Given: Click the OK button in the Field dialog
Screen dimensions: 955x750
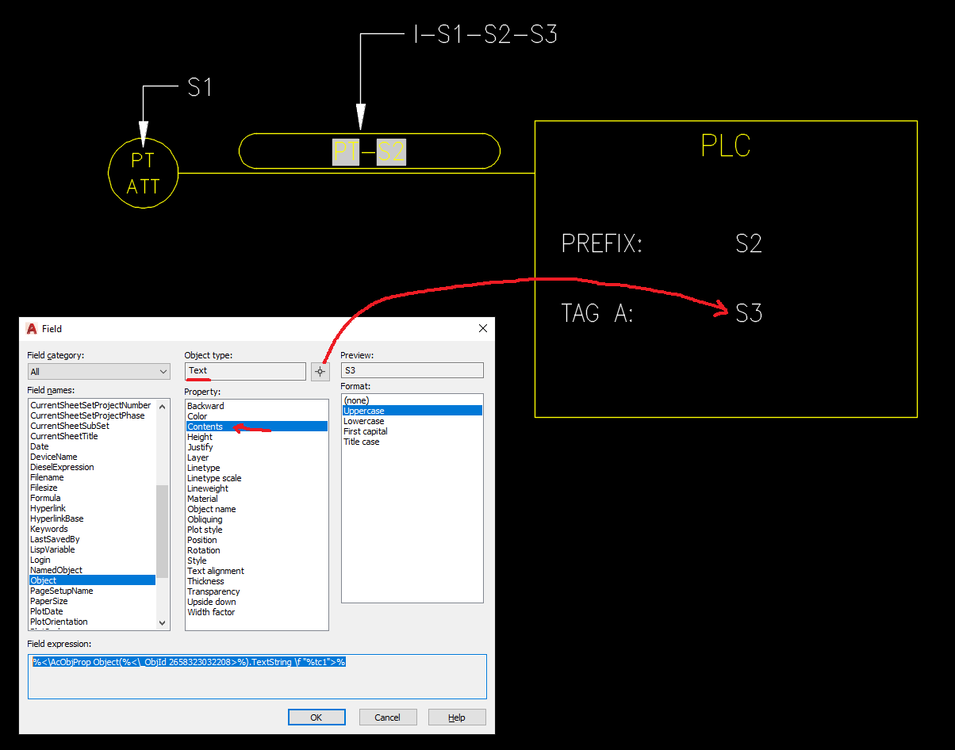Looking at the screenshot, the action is pos(316,717).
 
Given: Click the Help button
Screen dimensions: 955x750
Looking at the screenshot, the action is pos(457,717).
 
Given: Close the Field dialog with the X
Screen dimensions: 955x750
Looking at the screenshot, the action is pos(482,328).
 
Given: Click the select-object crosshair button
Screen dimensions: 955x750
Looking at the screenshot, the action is pos(320,372).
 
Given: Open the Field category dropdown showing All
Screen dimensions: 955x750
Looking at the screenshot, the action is pos(98,372).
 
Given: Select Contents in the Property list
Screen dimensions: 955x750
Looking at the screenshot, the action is pos(205,427).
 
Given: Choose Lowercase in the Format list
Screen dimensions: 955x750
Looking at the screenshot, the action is pos(363,421).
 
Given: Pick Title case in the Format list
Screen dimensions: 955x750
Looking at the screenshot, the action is pos(361,442).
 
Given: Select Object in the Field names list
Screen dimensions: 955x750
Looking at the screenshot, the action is pos(43,580).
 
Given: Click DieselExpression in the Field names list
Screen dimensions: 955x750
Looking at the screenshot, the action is pos(62,467).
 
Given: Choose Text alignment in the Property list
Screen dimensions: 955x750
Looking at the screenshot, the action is pos(215,571).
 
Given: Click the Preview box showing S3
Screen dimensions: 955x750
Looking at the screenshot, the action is pos(412,370).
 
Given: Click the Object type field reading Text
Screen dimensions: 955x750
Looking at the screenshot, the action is pos(245,371).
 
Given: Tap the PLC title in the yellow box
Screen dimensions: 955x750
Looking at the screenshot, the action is pos(726,145).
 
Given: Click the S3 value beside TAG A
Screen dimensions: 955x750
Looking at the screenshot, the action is pos(749,313).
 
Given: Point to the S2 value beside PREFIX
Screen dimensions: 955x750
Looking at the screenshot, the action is pos(749,243).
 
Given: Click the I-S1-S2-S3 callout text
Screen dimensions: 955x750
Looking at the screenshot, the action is pos(485,34).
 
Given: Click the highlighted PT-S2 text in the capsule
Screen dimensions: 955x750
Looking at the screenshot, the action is pos(369,152).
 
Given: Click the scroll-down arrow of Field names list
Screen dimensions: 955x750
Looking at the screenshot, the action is pos(162,622).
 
